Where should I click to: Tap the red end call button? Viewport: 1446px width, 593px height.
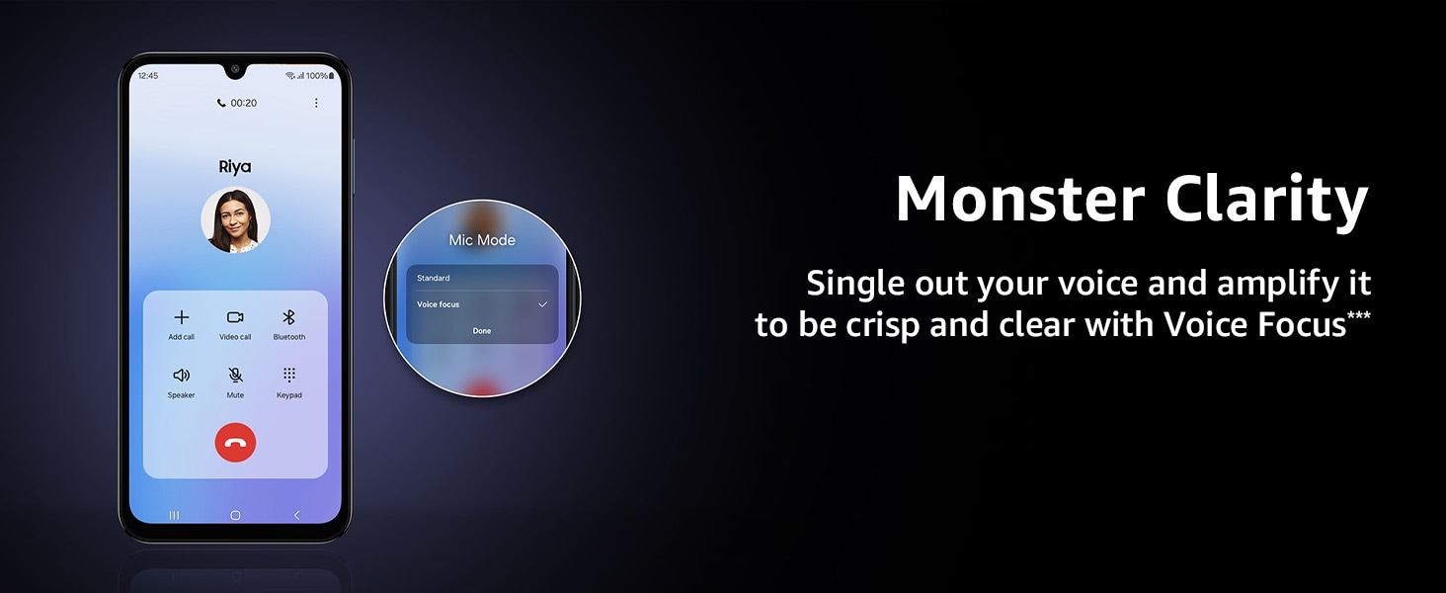pyautogui.click(x=235, y=443)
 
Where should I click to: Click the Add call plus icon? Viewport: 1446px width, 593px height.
pyautogui.click(x=182, y=317)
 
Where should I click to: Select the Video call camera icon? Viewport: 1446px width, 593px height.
pyautogui.click(x=235, y=317)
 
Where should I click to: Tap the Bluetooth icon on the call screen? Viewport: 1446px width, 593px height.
pyautogui.click(x=288, y=317)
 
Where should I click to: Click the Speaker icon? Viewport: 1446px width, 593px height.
pyautogui.click(x=182, y=375)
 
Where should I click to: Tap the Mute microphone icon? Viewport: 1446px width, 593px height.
pyautogui.click(x=235, y=375)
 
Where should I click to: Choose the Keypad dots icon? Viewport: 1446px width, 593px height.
pyautogui.click(x=289, y=375)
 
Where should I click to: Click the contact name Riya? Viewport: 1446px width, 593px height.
pyautogui.click(x=235, y=167)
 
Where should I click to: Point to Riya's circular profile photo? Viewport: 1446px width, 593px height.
pyautogui.click(x=235, y=220)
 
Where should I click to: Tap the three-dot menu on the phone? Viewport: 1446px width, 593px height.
pyautogui.click(x=316, y=103)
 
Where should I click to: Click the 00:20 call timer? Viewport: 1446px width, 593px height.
pyautogui.click(x=243, y=103)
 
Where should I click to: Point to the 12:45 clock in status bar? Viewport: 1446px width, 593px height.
pyautogui.click(x=148, y=75)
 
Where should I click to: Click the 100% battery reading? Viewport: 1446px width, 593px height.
pyautogui.click(x=316, y=75)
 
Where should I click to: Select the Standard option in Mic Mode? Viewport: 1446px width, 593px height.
pyautogui.click(x=434, y=278)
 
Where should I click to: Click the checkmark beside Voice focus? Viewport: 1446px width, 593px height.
pyautogui.click(x=543, y=304)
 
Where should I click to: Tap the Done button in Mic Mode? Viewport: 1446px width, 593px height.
pyautogui.click(x=482, y=331)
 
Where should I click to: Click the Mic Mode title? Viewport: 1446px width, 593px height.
pyautogui.click(x=482, y=239)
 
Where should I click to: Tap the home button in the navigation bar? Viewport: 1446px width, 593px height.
pyautogui.click(x=235, y=516)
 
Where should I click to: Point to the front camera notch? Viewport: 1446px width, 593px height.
pyautogui.click(x=235, y=69)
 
